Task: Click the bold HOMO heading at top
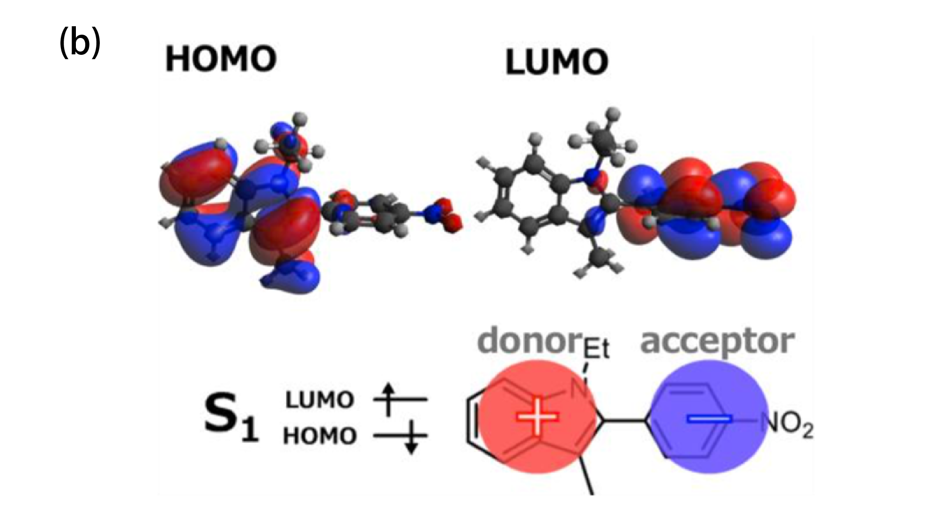pyautogui.click(x=221, y=59)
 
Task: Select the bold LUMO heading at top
pyautogui.click(x=557, y=62)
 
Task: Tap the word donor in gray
pyautogui.click(x=529, y=341)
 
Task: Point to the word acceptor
pyautogui.click(x=717, y=342)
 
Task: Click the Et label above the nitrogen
pyautogui.click(x=596, y=350)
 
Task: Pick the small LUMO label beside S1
pyautogui.click(x=319, y=400)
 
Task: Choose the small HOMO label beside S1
pyautogui.click(x=319, y=436)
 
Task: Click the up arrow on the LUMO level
pyautogui.click(x=387, y=399)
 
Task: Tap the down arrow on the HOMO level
pyautogui.click(x=411, y=438)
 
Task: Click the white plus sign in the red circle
pyautogui.click(x=537, y=416)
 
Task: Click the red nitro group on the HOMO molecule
pyautogui.click(x=442, y=216)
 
